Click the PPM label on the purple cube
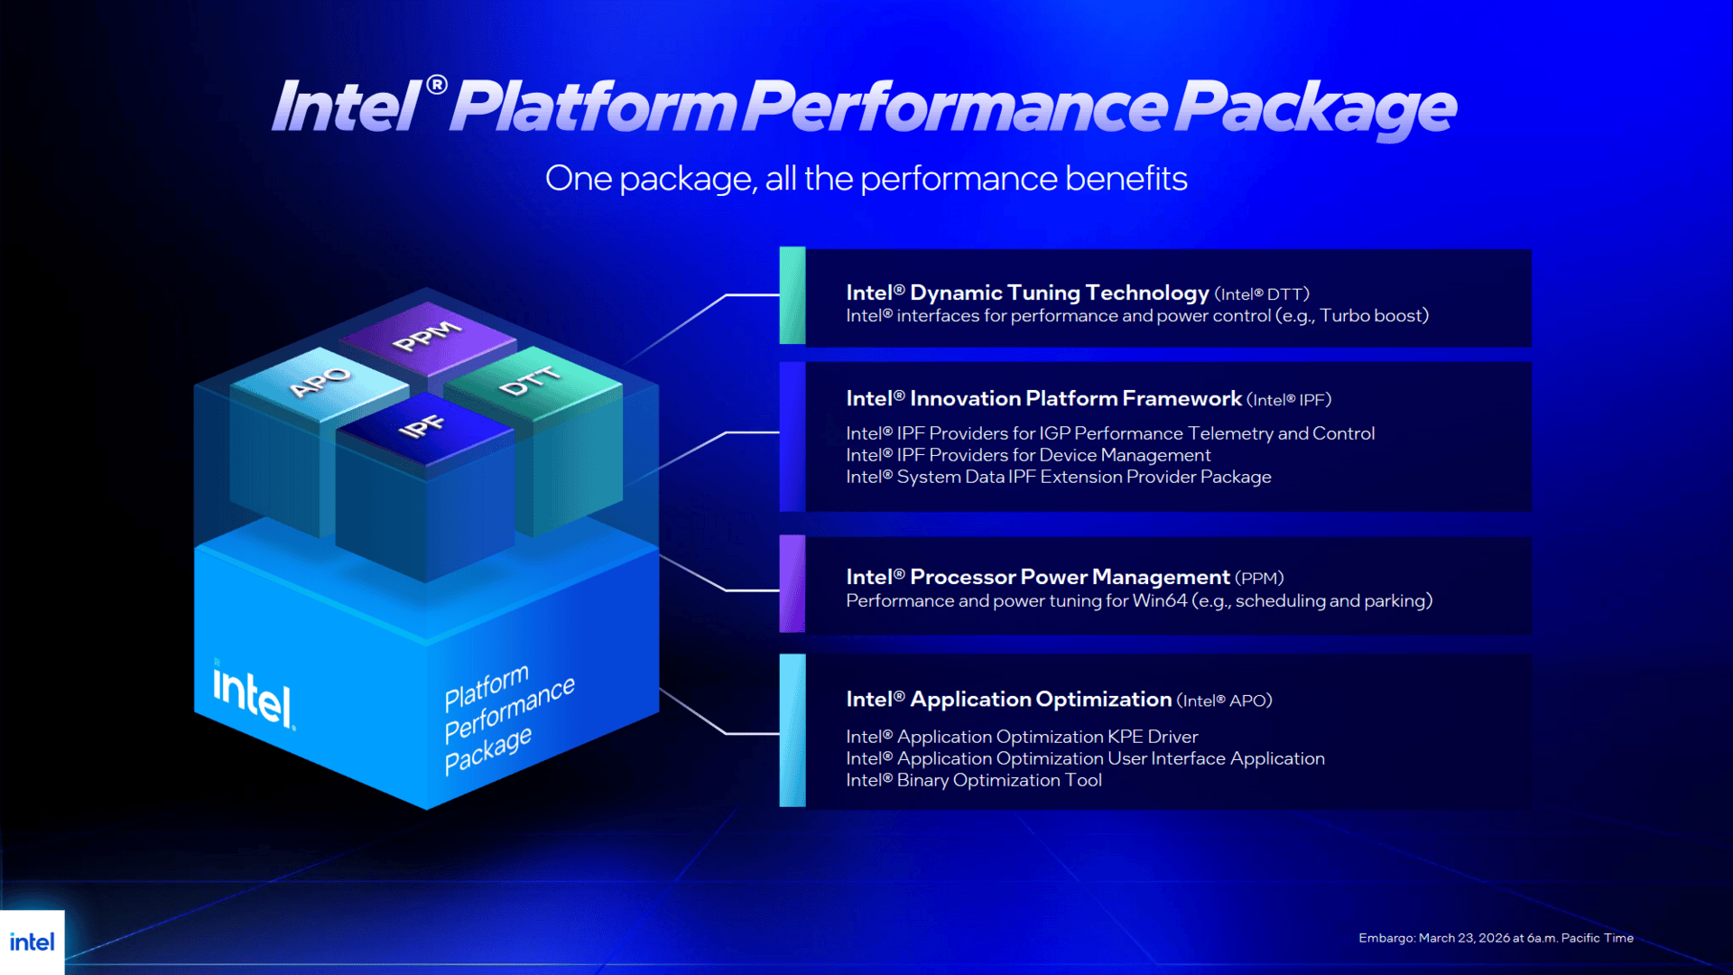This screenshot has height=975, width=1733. tap(427, 336)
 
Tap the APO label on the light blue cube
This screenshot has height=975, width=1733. tap(320, 382)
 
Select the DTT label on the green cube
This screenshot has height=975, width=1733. tap(530, 382)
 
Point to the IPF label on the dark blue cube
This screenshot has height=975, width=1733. tap(422, 426)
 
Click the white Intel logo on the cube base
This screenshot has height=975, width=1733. tap(253, 695)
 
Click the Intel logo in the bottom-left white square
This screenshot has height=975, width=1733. tap(32, 942)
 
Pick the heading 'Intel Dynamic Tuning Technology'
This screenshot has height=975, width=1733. tap(1027, 292)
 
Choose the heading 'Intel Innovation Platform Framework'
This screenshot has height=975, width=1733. tap(1043, 398)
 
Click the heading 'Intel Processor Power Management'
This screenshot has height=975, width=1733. tap(1038, 577)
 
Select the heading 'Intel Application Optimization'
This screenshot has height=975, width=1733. tap(1008, 700)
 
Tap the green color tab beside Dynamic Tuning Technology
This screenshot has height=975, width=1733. tap(792, 295)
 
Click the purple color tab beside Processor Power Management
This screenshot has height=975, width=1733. tap(792, 583)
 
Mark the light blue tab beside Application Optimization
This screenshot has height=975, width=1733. tap(792, 730)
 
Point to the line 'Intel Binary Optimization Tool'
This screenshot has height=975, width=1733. tap(974, 780)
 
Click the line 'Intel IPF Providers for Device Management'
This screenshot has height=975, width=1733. tap(1028, 455)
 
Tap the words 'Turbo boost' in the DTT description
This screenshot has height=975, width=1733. tap(1372, 316)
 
